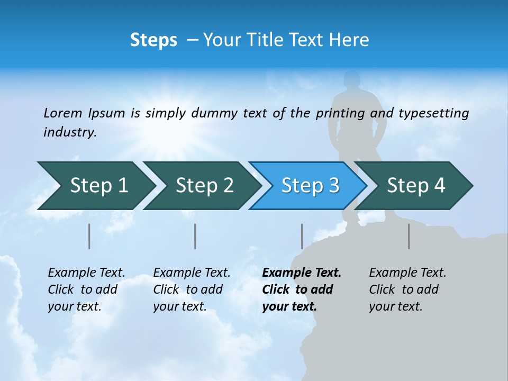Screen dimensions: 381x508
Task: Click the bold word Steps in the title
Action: click(x=153, y=40)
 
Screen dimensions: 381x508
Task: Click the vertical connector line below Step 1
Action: click(x=89, y=236)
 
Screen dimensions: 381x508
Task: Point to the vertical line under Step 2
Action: click(x=195, y=236)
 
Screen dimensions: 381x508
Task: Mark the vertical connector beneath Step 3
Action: click(x=302, y=236)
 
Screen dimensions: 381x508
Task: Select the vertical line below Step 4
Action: click(x=409, y=236)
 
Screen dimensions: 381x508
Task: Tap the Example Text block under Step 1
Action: click(x=86, y=289)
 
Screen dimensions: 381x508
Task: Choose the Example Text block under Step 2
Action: click(x=191, y=289)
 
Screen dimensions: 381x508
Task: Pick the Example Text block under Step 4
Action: click(x=407, y=289)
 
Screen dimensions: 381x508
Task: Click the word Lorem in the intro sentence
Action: click(x=63, y=113)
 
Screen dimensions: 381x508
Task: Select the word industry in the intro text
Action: click(x=69, y=132)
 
